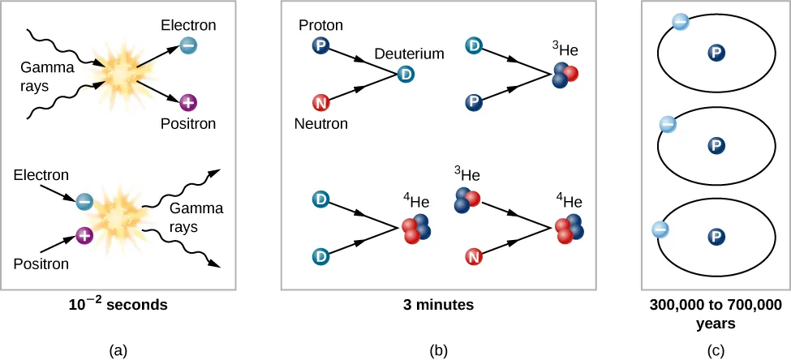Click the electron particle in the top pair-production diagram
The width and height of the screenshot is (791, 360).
click(x=187, y=46)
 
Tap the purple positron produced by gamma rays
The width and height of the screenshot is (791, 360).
click(x=187, y=103)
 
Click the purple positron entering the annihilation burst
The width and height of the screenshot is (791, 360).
click(x=84, y=235)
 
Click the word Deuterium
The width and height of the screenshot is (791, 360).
click(x=409, y=54)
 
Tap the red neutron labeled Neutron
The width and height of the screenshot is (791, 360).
click(x=320, y=103)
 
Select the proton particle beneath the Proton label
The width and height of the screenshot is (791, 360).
click(x=320, y=47)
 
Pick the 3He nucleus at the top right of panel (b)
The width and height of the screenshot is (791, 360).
click(x=565, y=75)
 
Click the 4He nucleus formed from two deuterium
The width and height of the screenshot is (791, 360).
click(x=415, y=230)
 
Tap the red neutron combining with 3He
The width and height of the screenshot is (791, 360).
click(x=472, y=257)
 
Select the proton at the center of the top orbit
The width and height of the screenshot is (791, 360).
click(x=716, y=54)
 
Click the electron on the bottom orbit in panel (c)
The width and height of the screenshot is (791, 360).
click(x=660, y=230)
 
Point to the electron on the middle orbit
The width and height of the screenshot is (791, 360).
click(x=667, y=124)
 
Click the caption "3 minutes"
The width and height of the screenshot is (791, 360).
click(x=438, y=306)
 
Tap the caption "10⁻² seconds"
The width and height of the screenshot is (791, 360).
click(x=118, y=306)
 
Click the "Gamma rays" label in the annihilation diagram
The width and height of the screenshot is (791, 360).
click(x=196, y=217)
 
